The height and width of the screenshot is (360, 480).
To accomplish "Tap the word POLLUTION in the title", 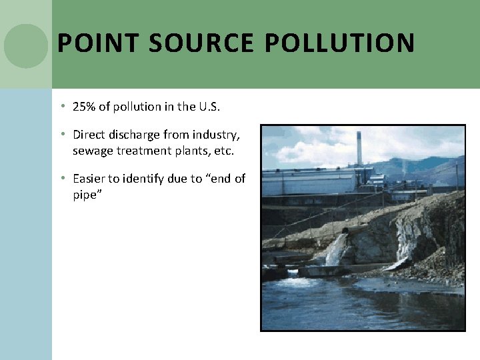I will tap(339, 43).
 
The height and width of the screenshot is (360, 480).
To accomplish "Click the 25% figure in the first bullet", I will tap(84, 107).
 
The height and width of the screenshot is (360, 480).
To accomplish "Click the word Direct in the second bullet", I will tap(88, 135).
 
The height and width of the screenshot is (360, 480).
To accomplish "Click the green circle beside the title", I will tap(26, 46).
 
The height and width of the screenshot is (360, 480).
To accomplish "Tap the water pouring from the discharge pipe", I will tap(335, 250).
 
